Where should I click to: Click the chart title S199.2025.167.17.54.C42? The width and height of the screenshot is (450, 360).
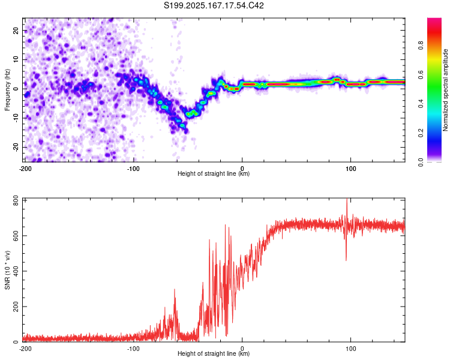[x=214, y=5]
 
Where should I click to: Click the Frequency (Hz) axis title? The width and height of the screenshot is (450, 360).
[x=7, y=90]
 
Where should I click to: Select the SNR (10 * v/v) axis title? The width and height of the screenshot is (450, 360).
[x=7, y=270]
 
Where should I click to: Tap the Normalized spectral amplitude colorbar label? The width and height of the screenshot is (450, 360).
[x=445, y=90]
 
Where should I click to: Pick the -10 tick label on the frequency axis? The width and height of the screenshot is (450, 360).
[x=16, y=118]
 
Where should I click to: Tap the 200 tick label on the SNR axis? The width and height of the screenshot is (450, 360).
[x=16, y=307]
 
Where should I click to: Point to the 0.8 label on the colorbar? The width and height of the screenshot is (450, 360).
[x=421, y=46]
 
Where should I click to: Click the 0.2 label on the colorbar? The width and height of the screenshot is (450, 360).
[x=421, y=133]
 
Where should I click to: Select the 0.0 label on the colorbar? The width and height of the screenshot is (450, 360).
[x=421, y=162]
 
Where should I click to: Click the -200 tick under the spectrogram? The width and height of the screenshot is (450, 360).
[x=25, y=169]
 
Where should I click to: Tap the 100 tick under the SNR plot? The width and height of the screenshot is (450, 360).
[x=351, y=349]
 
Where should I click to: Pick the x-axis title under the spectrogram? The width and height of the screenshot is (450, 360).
[x=214, y=173]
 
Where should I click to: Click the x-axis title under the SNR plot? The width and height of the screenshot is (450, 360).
[x=214, y=353]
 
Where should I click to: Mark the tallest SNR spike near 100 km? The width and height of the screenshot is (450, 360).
[x=347, y=199]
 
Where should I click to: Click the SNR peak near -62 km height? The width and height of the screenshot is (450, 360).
[x=175, y=290]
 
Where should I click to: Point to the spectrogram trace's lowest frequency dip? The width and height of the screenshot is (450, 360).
[x=186, y=131]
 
